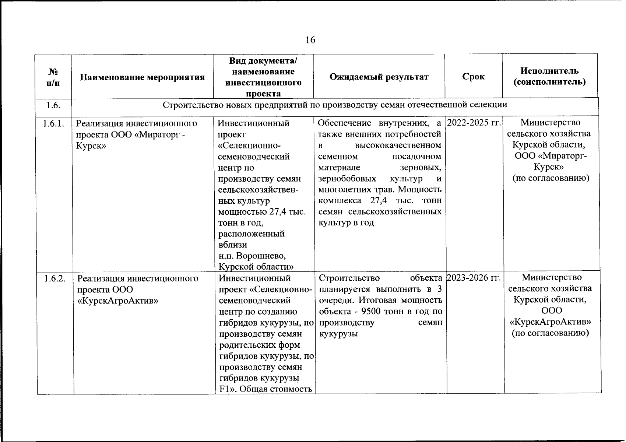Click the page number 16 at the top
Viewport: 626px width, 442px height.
point(310,40)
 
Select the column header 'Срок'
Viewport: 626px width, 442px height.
point(473,77)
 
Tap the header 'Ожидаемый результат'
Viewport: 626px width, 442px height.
point(379,77)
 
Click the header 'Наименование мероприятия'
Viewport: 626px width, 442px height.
point(143,77)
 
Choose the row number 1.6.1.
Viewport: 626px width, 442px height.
point(54,124)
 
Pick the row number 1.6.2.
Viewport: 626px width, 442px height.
point(55,278)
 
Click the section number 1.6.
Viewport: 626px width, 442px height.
point(53,105)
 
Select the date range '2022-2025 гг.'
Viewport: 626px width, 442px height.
point(474,123)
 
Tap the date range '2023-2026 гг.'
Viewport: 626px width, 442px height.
point(474,278)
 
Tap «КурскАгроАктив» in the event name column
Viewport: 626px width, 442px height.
point(118,301)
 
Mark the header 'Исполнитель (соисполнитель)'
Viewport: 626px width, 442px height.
point(549,76)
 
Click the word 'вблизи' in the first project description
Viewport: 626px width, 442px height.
point(233,245)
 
